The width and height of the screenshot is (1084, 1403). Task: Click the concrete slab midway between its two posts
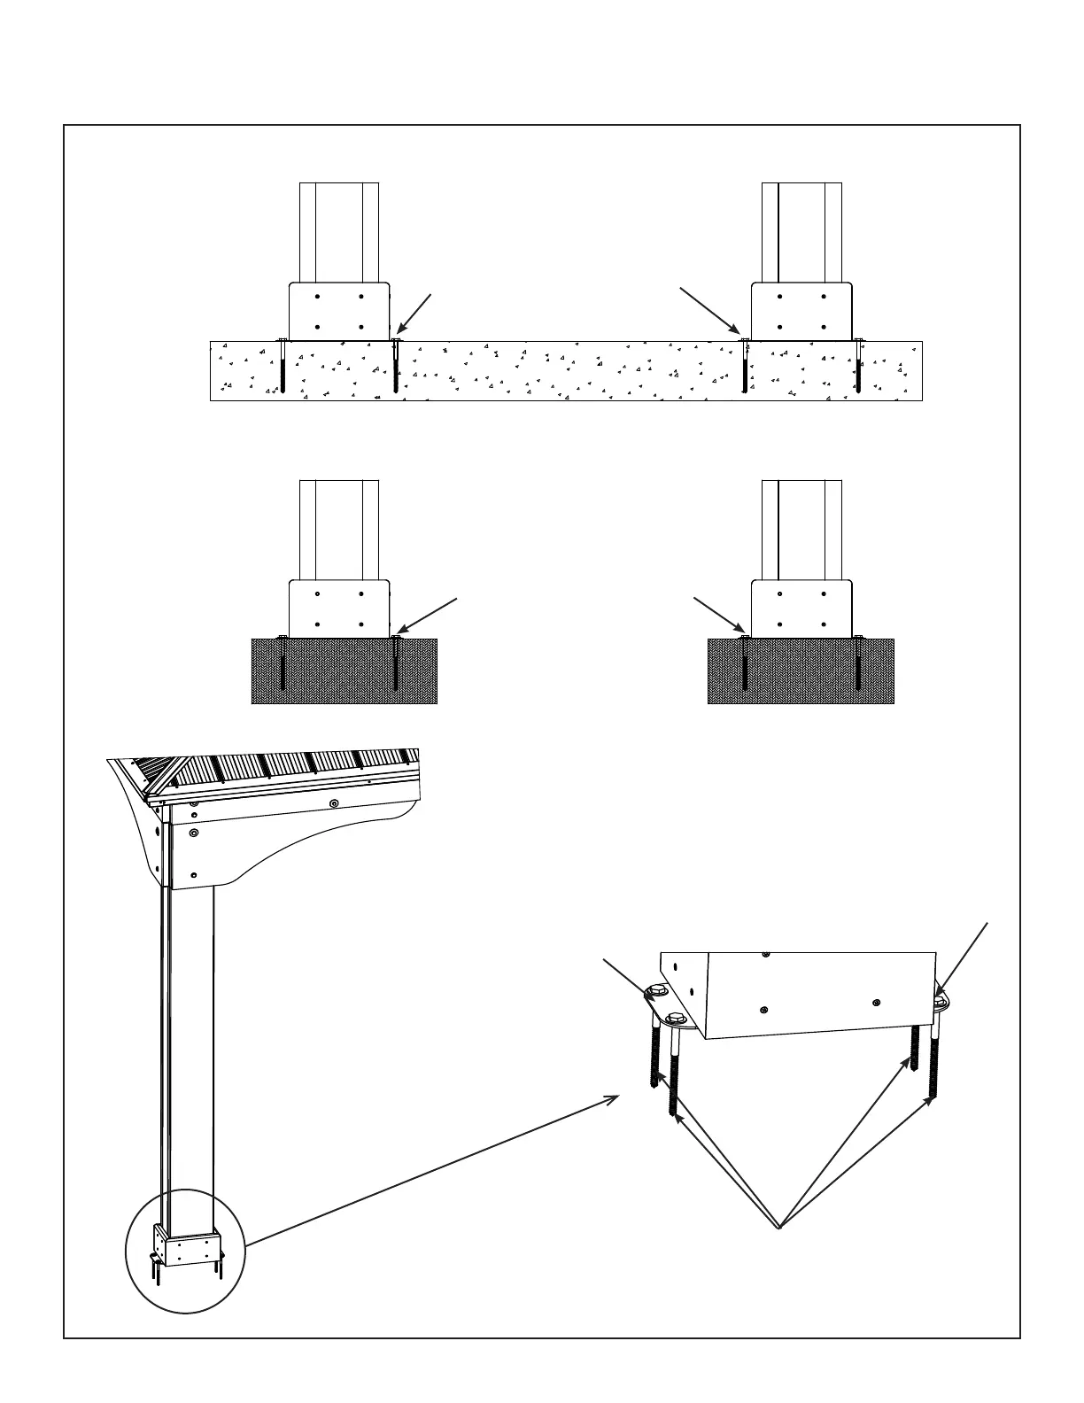(567, 371)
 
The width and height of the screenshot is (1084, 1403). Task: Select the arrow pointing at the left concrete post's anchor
(414, 314)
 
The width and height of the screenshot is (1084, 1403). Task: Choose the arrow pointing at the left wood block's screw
(430, 616)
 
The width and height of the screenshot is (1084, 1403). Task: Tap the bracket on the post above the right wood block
(801, 608)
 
